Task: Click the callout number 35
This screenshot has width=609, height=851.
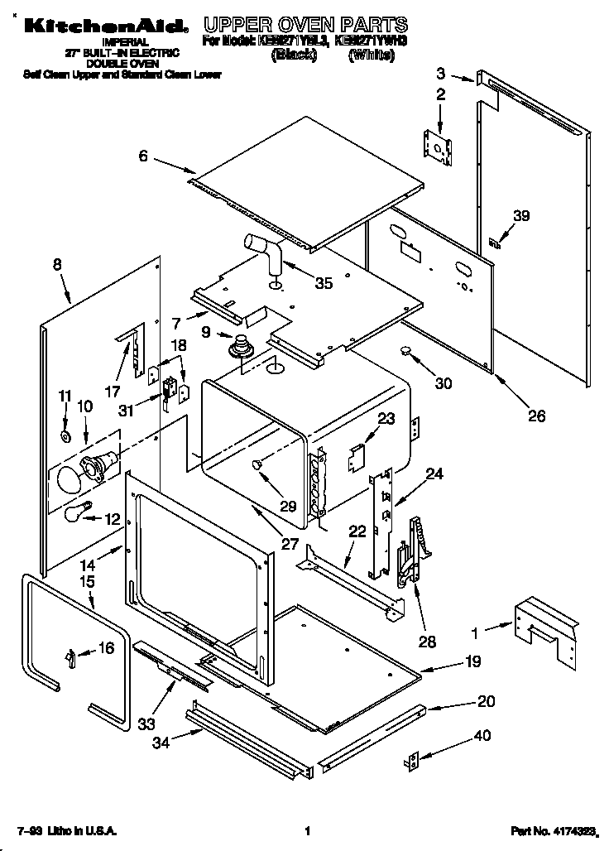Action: (324, 283)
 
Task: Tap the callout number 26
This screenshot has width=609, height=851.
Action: (536, 416)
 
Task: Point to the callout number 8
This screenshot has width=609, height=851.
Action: (56, 265)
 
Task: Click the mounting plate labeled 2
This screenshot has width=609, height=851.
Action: (438, 146)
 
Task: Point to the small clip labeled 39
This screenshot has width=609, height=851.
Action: (496, 243)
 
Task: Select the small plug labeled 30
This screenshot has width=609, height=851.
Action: (406, 352)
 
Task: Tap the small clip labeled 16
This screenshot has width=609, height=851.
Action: (72, 657)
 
